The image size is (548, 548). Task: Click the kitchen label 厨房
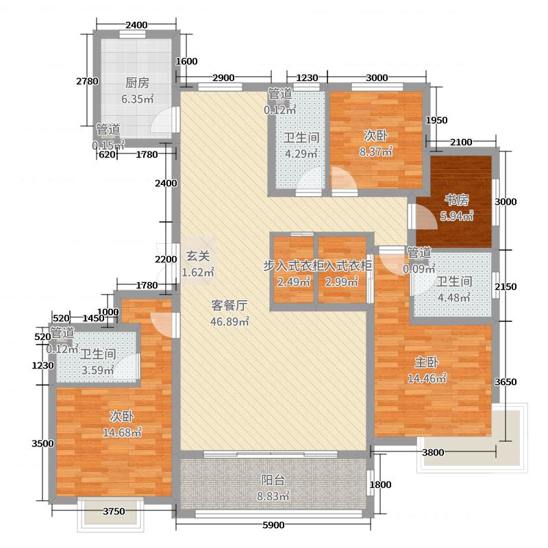point(137,84)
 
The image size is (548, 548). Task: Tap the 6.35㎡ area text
point(137,99)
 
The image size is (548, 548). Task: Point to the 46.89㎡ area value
point(229,322)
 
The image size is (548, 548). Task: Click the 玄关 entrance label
point(198,257)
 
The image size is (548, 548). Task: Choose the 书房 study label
point(457,200)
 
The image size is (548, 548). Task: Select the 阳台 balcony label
point(273,480)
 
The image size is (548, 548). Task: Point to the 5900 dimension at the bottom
point(273,525)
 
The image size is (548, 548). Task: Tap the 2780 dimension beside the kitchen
point(87,82)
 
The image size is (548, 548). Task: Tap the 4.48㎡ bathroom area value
point(453,297)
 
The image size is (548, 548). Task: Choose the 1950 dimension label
point(436,121)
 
